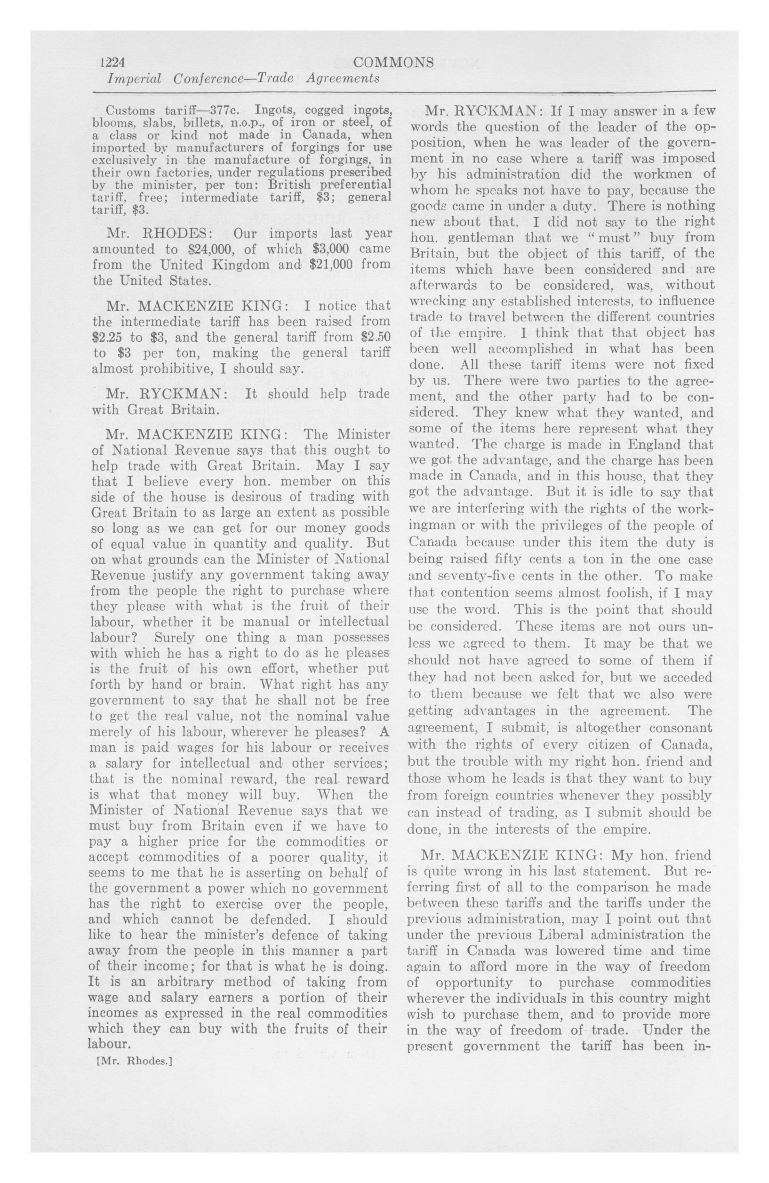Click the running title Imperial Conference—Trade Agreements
(x=244, y=79)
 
